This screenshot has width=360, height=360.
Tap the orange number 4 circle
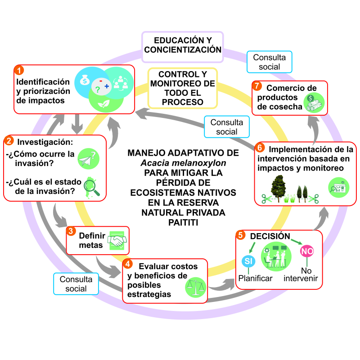coord(128,264)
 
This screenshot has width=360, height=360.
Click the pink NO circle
coord(307,251)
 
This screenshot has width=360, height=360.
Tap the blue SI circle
coord(248,261)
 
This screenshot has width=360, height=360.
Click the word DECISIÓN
coord(270,236)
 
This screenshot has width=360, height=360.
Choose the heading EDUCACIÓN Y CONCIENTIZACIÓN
coord(183,45)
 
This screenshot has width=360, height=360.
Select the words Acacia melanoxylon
coord(183,163)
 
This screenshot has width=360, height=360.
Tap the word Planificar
coord(255,279)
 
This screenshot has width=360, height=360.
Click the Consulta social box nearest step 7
coord(269,62)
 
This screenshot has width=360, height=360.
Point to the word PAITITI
coord(183,222)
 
